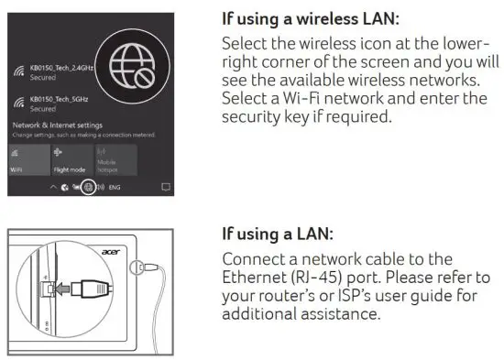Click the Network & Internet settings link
(56, 124)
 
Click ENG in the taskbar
(114, 186)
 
